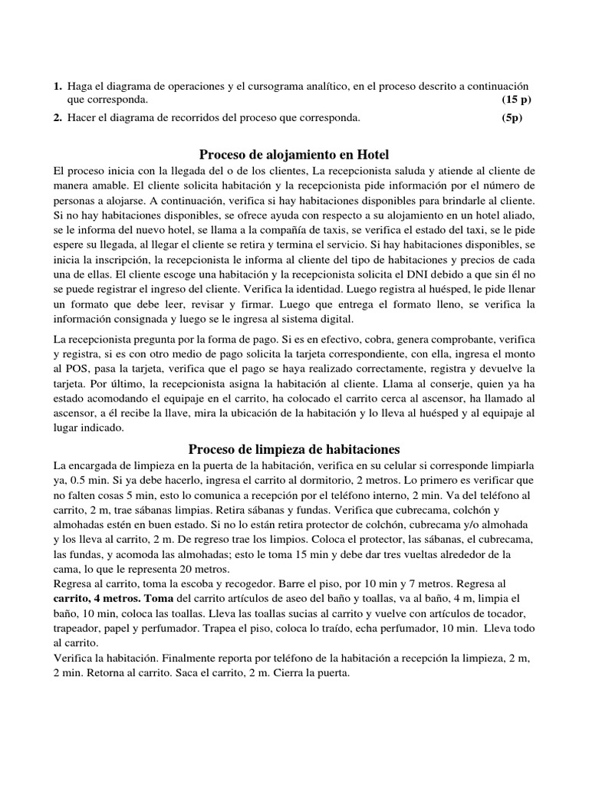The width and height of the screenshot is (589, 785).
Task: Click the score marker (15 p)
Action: point(517,100)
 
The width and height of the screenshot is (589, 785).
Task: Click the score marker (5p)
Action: point(512,117)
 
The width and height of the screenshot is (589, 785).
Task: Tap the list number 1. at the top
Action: point(58,87)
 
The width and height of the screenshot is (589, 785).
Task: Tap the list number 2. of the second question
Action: point(58,117)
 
